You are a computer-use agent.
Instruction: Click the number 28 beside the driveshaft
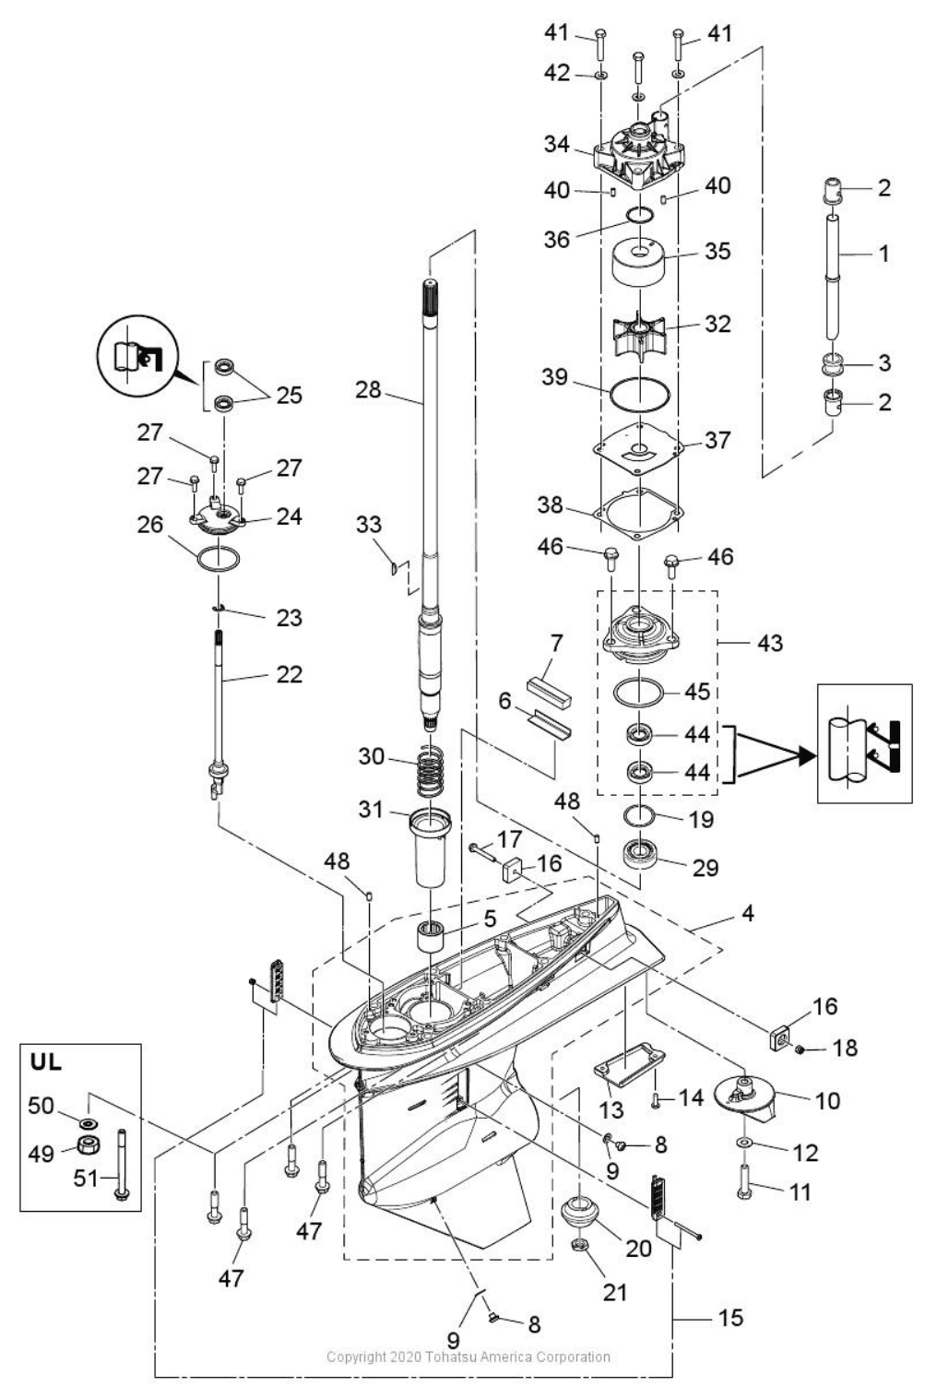pos(368,390)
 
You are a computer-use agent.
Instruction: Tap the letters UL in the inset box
pos(46,1061)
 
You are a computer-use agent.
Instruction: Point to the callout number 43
pos(769,643)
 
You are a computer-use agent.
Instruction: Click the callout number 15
pos(729,1318)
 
